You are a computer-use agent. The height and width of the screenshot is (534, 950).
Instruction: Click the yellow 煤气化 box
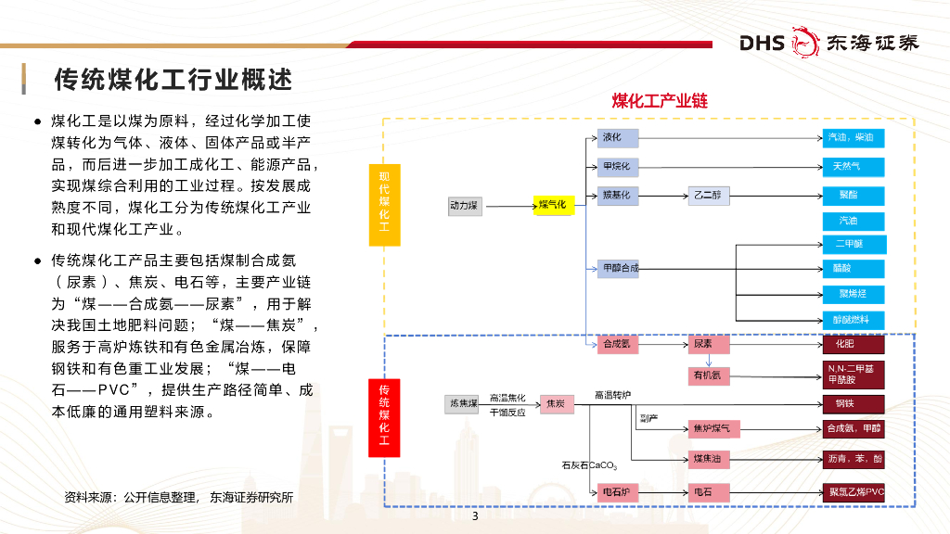[x=555, y=205]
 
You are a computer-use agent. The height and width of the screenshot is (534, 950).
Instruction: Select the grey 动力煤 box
[x=464, y=205]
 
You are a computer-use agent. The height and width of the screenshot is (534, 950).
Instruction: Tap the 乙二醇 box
[x=710, y=196]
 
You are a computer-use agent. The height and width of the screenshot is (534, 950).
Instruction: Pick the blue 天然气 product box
[x=854, y=167]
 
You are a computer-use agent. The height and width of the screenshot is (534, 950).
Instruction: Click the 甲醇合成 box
[x=618, y=269]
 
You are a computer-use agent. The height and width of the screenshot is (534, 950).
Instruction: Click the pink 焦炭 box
[x=558, y=403]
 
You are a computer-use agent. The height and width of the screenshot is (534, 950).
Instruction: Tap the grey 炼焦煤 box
[x=464, y=403]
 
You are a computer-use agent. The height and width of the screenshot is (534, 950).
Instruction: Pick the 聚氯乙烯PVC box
[x=854, y=491]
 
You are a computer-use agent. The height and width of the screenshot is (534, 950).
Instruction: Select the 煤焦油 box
[x=710, y=459]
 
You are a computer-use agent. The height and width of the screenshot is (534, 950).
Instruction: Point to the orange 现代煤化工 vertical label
[x=384, y=206]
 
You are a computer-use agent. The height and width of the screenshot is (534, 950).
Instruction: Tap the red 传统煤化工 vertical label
[x=384, y=419]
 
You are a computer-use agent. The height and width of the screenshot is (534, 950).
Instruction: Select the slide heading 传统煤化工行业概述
[x=173, y=80]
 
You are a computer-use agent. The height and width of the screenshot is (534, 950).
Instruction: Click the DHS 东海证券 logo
[x=828, y=43]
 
